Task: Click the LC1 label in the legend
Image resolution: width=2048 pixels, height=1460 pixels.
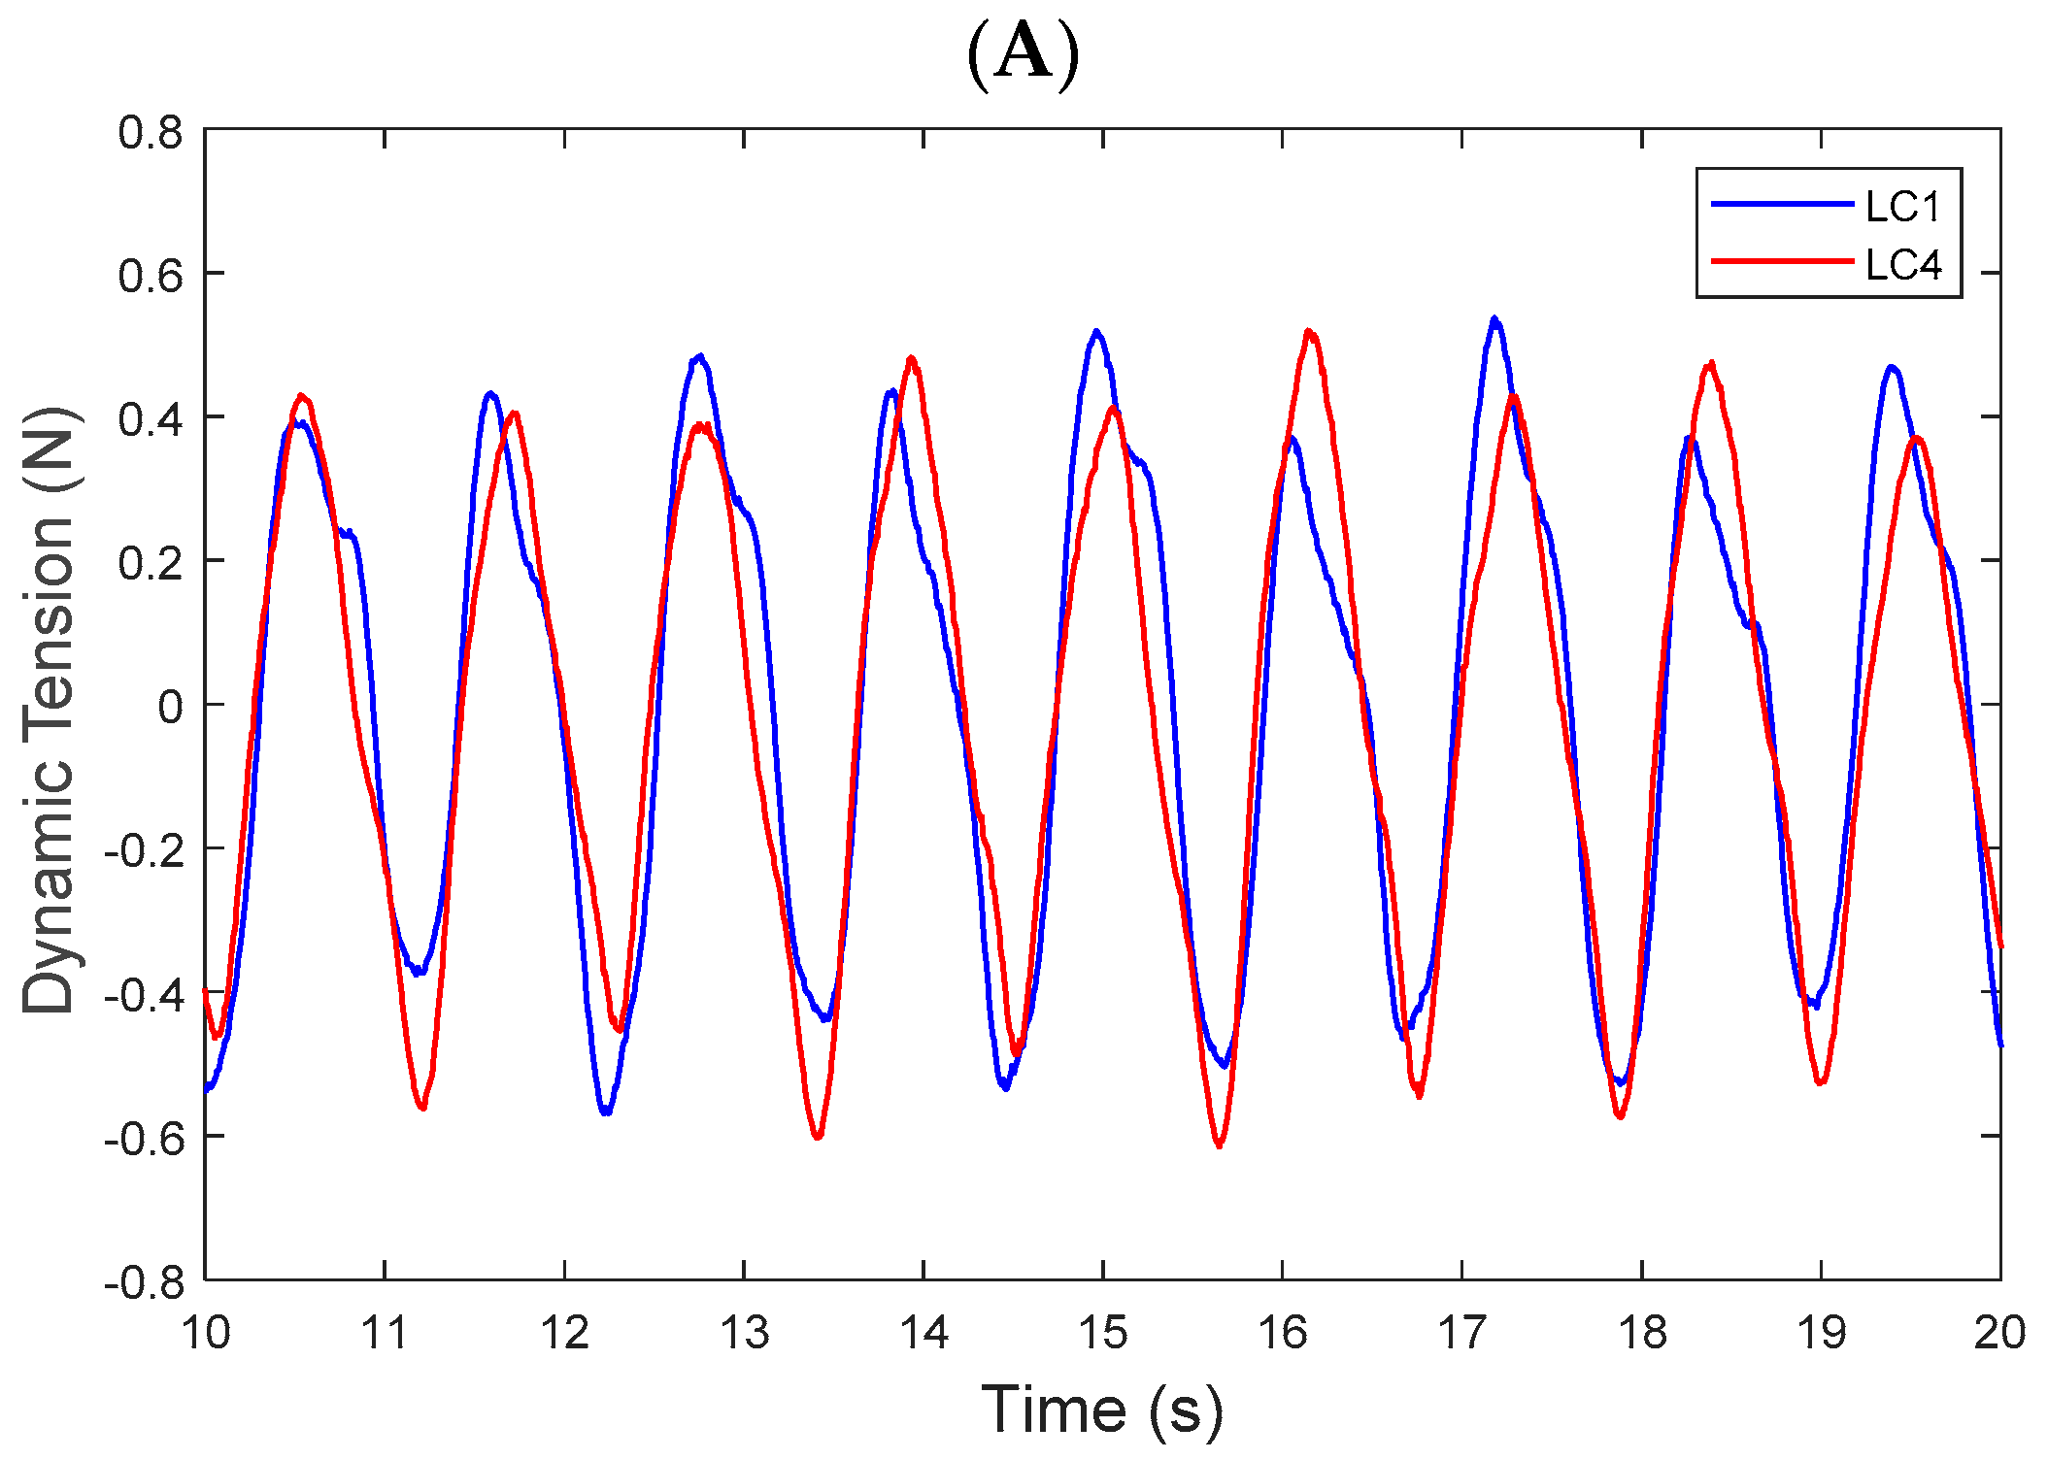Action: click(x=1901, y=207)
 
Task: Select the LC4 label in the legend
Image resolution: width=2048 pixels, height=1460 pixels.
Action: click(x=1901, y=264)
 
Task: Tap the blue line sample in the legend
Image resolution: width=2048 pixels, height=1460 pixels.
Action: click(x=1782, y=204)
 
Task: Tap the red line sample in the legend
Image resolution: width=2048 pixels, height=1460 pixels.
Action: click(x=1782, y=261)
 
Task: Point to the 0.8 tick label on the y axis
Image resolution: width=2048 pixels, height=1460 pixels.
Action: click(x=151, y=132)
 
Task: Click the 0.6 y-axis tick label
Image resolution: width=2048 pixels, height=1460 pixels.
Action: click(x=151, y=276)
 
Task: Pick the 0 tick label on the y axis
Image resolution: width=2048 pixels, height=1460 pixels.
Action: click(x=170, y=708)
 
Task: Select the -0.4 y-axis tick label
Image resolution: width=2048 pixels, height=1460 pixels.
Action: click(x=144, y=995)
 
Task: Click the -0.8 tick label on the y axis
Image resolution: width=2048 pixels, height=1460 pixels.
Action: click(x=144, y=1282)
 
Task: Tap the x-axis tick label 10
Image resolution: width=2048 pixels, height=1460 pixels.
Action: click(x=206, y=1334)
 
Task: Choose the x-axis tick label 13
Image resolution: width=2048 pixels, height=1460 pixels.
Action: click(x=744, y=1334)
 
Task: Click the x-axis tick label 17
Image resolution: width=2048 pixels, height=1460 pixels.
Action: click(x=1462, y=1334)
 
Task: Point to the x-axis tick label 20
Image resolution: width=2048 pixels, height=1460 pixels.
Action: click(x=1999, y=1334)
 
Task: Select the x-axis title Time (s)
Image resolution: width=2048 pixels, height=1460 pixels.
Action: click(x=1102, y=1410)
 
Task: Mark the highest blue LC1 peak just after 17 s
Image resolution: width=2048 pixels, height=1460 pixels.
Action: click(x=1494, y=319)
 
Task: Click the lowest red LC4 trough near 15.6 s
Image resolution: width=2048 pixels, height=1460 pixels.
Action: click(x=1220, y=1145)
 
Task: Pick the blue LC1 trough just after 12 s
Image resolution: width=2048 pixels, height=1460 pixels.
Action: click(x=606, y=1112)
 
